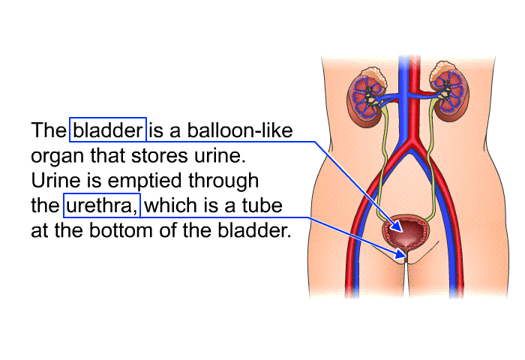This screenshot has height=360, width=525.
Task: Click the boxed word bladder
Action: click(x=108, y=130)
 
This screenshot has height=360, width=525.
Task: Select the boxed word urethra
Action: click(x=102, y=205)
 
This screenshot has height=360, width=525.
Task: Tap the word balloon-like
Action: click(x=240, y=130)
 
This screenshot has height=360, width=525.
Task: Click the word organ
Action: click(x=57, y=157)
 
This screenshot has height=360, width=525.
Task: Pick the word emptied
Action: click(x=145, y=181)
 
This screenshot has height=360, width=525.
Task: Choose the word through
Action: click(x=223, y=181)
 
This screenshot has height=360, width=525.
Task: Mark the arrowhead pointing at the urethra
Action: click(x=400, y=253)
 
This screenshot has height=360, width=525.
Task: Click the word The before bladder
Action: click(x=49, y=130)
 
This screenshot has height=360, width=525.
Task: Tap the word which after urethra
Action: click(x=170, y=205)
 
